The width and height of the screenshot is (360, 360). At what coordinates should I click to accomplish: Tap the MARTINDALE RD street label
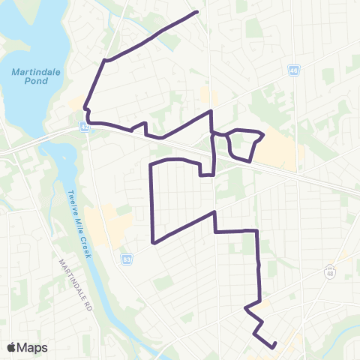pos(77,286)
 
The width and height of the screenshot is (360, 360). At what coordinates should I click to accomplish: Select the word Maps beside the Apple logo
pos(33,347)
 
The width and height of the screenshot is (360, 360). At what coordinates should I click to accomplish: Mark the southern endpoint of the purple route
pos(274,344)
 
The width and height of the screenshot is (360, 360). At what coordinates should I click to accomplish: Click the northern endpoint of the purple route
pos(196,12)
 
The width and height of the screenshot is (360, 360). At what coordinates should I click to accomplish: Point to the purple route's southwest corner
pos(153,243)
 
